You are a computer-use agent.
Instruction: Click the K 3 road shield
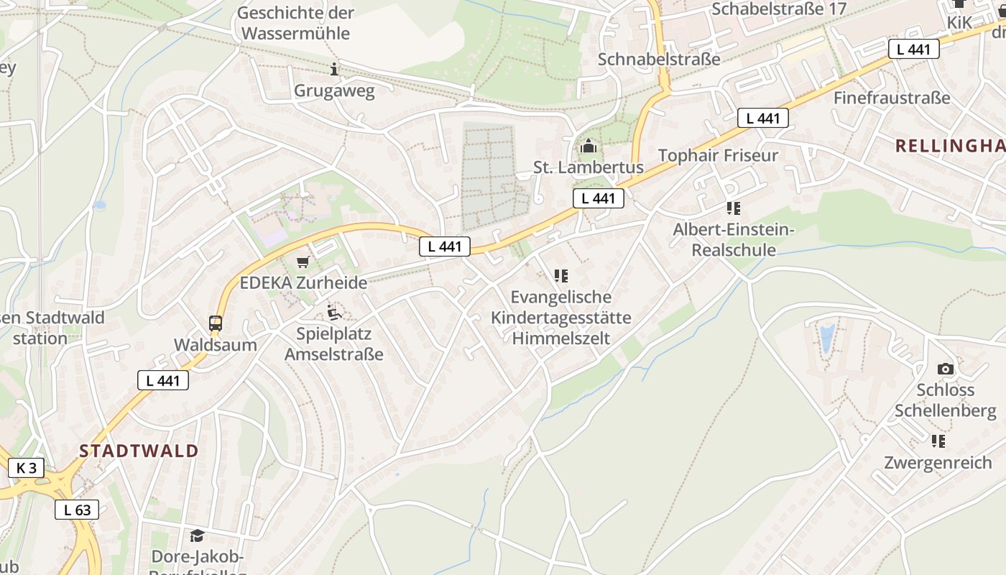27,468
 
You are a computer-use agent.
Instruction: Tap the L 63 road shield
77,510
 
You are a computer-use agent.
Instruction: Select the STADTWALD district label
139,451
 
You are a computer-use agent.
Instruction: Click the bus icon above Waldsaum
216,323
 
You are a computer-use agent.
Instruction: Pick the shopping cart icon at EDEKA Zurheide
303,262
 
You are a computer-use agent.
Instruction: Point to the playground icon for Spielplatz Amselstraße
333,313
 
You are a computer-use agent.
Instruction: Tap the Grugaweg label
334,91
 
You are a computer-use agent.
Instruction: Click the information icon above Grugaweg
334,69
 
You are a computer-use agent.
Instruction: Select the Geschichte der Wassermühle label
295,23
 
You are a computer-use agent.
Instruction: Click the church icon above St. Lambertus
589,147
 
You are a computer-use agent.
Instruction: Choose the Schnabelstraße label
659,59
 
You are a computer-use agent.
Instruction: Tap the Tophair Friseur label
718,156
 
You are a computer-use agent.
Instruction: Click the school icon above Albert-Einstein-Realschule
733,208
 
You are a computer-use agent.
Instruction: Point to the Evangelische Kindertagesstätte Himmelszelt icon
561,275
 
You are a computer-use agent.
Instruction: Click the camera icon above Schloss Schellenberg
946,369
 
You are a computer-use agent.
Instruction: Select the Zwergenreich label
938,462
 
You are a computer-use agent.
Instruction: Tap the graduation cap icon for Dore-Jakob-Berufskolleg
197,535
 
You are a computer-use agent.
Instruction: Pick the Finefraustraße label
892,98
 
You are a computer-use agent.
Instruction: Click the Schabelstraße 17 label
778,9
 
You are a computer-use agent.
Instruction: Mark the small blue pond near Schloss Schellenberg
827,336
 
